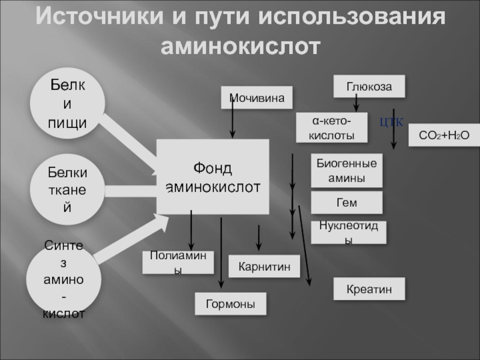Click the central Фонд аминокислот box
click(212, 177)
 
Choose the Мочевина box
click(257, 98)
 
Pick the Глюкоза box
click(369, 87)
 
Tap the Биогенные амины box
click(347, 170)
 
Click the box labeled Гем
click(347, 203)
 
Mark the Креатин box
click(369, 289)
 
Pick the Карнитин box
click(264, 265)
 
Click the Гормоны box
click(231, 304)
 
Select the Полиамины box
click(178, 263)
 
